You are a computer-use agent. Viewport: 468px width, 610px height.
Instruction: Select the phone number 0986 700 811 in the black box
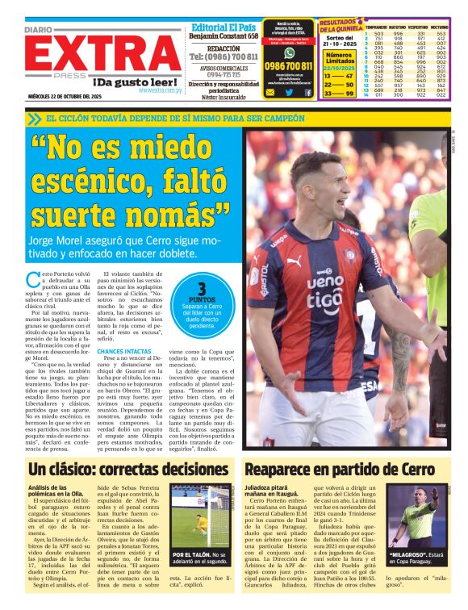289,65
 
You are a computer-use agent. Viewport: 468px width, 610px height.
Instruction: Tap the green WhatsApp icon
289,52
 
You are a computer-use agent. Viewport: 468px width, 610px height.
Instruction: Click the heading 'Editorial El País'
224,26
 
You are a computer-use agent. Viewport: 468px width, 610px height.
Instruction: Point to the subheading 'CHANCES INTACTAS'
122,351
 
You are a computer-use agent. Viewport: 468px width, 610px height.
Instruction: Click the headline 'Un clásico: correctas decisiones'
129,469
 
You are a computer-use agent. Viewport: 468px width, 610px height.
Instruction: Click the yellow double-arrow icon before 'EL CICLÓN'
33,119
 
